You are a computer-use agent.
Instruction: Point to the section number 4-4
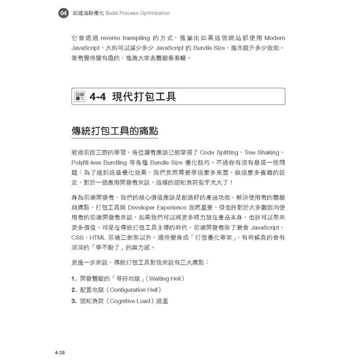click(x=97, y=97)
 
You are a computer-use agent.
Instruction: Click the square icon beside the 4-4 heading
click(x=80, y=97)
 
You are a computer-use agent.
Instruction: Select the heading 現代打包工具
click(x=144, y=97)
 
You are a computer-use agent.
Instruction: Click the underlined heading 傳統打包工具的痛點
click(x=115, y=131)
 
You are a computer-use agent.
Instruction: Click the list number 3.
click(x=74, y=301)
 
